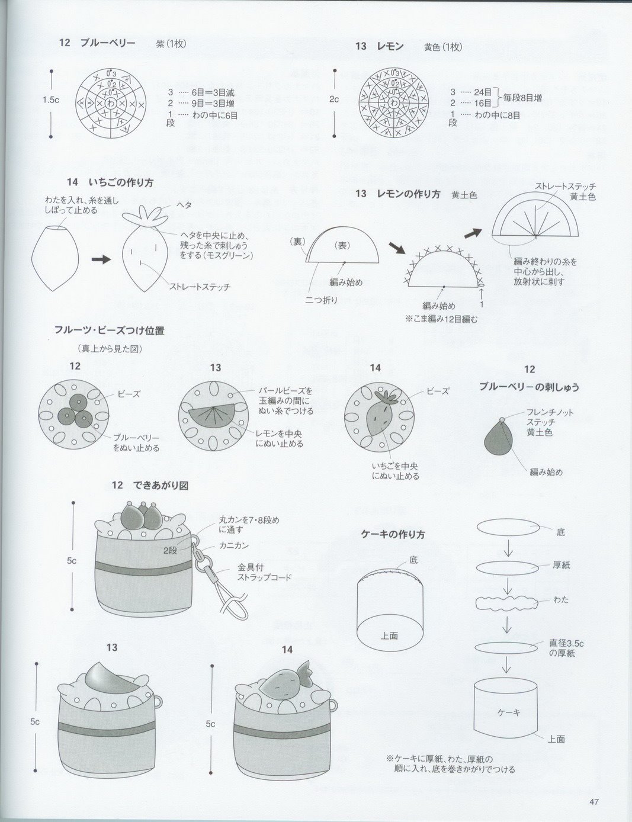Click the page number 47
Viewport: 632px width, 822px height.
point(594,802)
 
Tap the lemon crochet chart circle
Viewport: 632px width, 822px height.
point(393,102)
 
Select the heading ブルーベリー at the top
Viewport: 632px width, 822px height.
point(108,43)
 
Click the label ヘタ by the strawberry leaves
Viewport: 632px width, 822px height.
point(184,204)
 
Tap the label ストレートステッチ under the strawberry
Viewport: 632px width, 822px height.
point(200,287)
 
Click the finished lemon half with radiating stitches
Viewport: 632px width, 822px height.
point(534,217)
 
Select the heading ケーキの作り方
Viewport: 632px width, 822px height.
point(393,534)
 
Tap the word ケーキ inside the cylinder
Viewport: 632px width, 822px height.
point(508,712)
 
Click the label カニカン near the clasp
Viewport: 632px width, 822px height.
point(233,545)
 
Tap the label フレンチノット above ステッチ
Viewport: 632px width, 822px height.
point(550,413)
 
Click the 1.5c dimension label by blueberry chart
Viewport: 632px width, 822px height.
point(51,100)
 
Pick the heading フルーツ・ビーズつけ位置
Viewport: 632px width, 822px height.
point(109,330)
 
